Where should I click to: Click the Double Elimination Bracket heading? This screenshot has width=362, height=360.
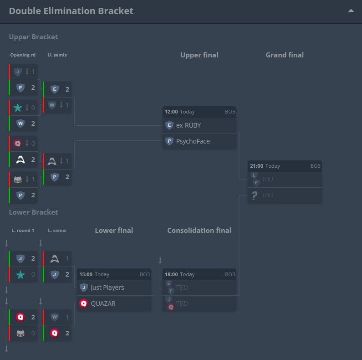[x=71, y=11]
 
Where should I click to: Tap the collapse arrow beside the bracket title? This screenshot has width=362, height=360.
[x=351, y=10]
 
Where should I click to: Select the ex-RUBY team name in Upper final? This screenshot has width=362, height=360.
[x=189, y=125]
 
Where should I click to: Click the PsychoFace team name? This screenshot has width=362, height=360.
[x=193, y=141]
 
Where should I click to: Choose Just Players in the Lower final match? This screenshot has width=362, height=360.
[x=107, y=288]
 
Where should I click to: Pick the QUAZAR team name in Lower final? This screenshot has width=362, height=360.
[x=103, y=303]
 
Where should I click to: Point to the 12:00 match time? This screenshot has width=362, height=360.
[x=171, y=112]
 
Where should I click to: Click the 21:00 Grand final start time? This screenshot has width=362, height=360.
[x=256, y=166]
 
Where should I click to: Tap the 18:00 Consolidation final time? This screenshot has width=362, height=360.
[x=171, y=274]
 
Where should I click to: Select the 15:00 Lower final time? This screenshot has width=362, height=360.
[x=86, y=274]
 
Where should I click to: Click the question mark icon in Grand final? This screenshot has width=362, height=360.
[x=254, y=195]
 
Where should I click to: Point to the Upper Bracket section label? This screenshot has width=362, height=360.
[x=33, y=37]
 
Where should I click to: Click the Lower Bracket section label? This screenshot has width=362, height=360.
[x=33, y=212]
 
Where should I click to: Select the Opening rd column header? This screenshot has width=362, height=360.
[x=23, y=55]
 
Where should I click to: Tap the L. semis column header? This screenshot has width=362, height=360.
[x=57, y=231]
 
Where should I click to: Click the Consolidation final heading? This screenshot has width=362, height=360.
[x=199, y=231]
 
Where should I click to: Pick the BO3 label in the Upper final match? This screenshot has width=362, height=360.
[x=230, y=112]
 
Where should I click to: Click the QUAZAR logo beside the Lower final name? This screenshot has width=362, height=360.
[x=84, y=303]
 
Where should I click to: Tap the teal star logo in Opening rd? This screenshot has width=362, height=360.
[x=18, y=108]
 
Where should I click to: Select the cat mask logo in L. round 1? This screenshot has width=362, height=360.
[x=20, y=333]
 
